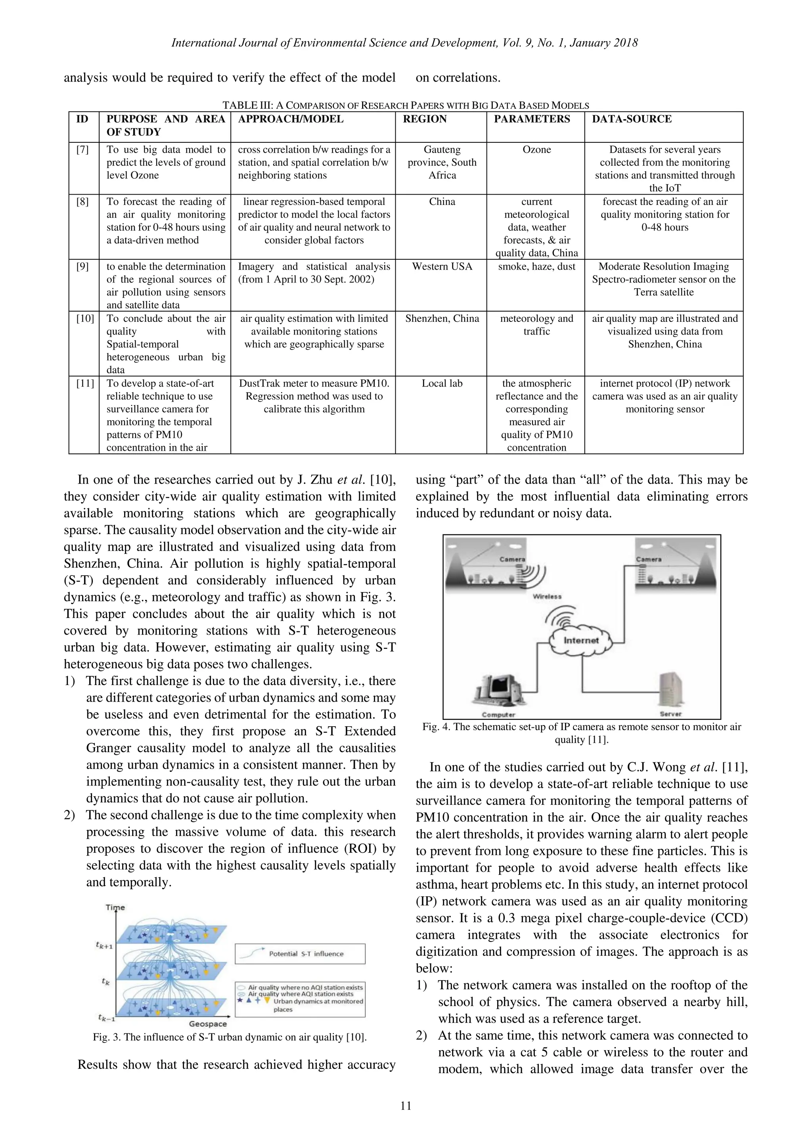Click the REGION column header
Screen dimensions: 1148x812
click(x=425, y=119)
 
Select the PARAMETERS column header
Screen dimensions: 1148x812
click(x=532, y=119)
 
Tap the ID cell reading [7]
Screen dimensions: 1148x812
click(x=82, y=149)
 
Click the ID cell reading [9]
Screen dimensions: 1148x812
click(x=82, y=266)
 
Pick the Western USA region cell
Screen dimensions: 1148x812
click(x=442, y=266)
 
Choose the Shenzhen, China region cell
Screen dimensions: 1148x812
click(x=442, y=318)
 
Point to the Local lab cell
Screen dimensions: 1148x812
click(x=442, y=383)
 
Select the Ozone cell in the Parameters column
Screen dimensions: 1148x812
click(x=536, y=149)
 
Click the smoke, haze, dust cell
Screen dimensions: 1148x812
click(x=536, y=266)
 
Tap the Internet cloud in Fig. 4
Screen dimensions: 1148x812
click(x=580, y=641)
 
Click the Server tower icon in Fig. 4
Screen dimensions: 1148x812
click(x=670, y=689)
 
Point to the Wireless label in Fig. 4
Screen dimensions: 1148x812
click(x=547, y=597)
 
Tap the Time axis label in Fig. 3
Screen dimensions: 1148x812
click(x=115, y=907)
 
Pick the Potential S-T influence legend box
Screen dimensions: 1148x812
click(x=300, y=953)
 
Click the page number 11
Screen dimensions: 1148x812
click(x=406, y=1106)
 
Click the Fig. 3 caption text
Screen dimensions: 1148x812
click(x=230, y=1037)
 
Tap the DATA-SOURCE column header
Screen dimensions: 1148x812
click(x=632, y=119)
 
